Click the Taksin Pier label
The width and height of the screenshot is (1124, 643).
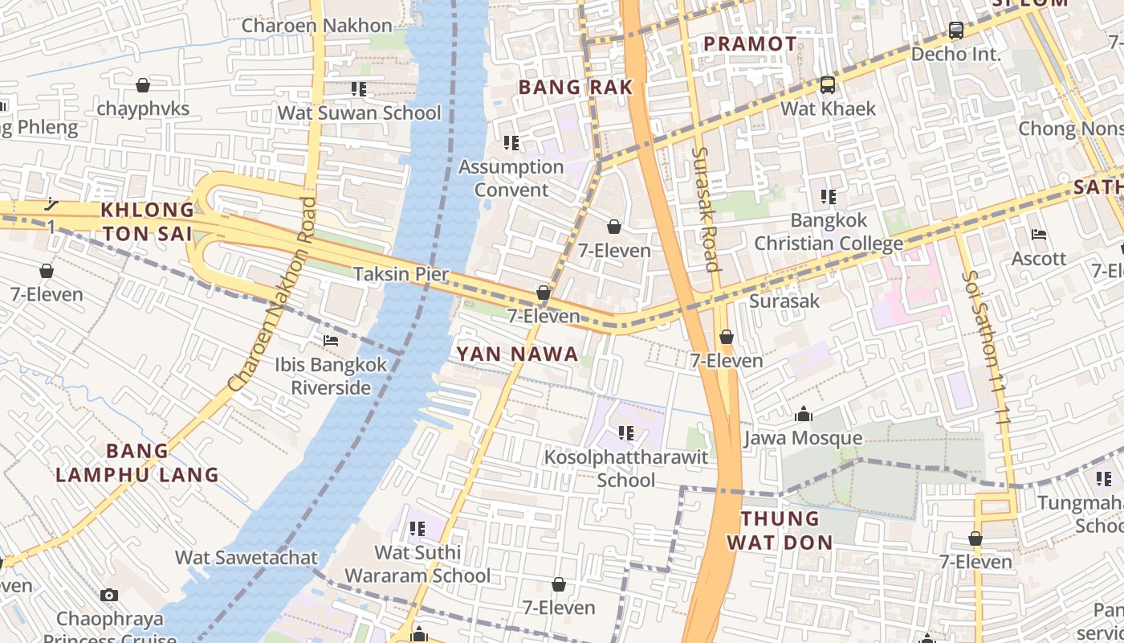point(401,274)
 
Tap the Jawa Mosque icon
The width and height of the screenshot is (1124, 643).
point(803,415)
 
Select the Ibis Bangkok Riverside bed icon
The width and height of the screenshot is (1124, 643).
point(330,341)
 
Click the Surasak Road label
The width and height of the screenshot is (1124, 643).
point(706,208)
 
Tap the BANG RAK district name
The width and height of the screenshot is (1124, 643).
point(576,88)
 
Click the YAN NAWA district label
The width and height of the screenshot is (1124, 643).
point(517,354)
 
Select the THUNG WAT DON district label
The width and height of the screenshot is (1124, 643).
point(780,530)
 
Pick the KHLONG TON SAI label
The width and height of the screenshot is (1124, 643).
point(147,222)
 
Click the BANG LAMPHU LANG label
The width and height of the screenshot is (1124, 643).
point(137,462)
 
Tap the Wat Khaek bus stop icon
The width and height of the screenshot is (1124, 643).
point(827,84)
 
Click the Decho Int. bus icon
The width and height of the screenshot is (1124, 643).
point(955,31)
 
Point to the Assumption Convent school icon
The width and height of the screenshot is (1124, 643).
point(511,143)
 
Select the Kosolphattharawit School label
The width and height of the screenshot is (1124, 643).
point(626,469)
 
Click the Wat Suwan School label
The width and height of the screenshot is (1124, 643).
point(359,113)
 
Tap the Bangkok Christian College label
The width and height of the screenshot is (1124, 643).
point(829,231)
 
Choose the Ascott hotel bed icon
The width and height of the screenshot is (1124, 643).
point(1039,235)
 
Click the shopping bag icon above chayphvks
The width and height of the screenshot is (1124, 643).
point(143,85)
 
